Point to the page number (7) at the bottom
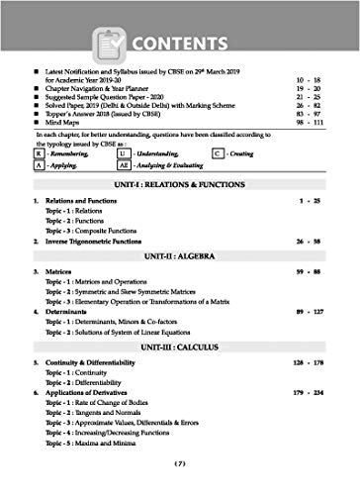click(180, 487)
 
